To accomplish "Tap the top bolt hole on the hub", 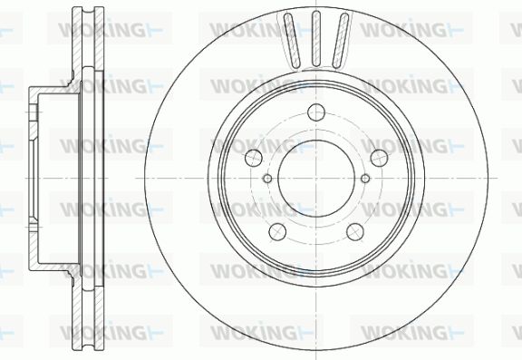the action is coord(316,112).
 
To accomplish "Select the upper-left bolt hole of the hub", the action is coord(254,158).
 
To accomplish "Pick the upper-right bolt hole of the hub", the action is coord(379,158).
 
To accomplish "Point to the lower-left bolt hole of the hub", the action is coord(277,232).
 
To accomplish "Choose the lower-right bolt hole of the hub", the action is coord(355,232).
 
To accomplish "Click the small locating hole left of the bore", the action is coord(267,179).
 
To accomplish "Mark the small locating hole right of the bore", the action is coord(365,179).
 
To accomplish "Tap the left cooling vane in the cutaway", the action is coord(292,40).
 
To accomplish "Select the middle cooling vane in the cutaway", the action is coord(316,38).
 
